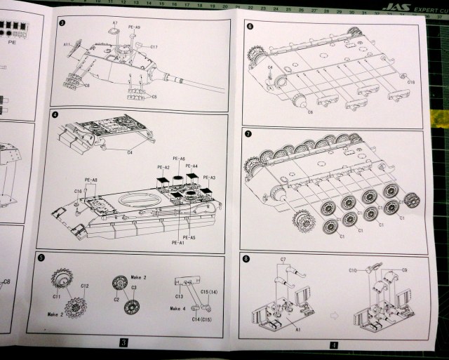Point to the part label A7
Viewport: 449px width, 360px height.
[x=115, y=24]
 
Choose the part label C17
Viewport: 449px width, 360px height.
[x=154, y=46]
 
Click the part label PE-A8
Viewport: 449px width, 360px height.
[x=91, y=180]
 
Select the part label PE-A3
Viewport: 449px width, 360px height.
[x=209, y=177]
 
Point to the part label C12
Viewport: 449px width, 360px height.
[x=85, y=286]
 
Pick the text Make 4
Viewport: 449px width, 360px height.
[x=178, y=308]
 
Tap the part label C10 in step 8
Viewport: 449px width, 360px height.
[x=354, y=269]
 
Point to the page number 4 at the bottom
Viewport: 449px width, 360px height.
[x=334, y=345]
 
